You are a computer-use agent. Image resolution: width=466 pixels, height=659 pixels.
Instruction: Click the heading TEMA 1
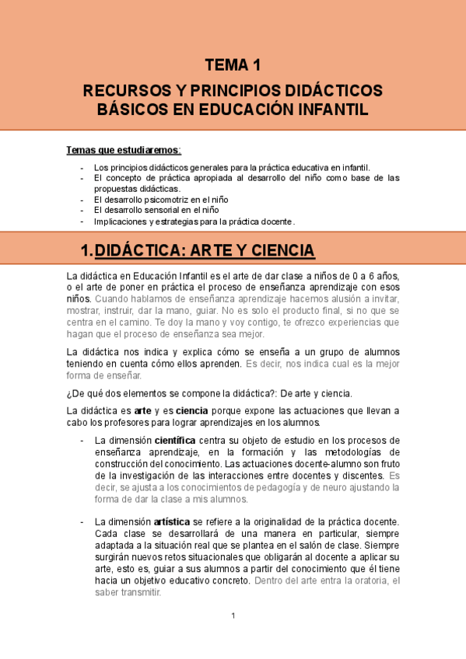pos(233,65)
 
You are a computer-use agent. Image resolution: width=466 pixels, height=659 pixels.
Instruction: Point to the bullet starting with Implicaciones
pos(194,221)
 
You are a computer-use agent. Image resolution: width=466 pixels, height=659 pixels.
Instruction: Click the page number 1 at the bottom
pos(233,616)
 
